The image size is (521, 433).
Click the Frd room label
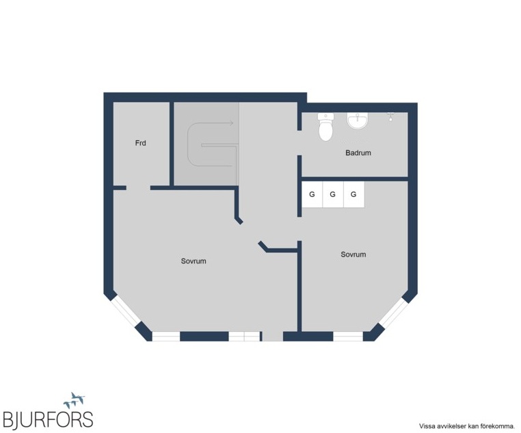[x=140, y=143]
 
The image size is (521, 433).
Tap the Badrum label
[x=358, y=153]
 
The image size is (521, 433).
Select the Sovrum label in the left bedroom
[x=193, y=261]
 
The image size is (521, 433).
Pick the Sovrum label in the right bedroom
[x=353, y=254]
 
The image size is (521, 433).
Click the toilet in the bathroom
[x=325, y=127]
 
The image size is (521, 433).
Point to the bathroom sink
[x=358, y=120]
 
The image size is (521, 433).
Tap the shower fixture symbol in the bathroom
[x=391, y=116]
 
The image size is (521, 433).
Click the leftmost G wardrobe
[x=312, y=194]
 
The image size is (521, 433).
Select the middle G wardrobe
[x=333, y=194]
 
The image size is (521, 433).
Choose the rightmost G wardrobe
[x=354, y=194]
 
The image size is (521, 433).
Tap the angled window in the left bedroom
[x=126, y=311]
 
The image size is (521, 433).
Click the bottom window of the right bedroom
[x=348, y=337]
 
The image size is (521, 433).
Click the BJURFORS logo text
[x=48, y=420]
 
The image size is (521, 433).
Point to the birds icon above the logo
[x=74, y=400]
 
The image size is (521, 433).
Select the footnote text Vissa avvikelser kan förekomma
[x=466, y=425]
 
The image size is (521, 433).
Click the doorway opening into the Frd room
[x=138, y=187]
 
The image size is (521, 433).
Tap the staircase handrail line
[x=219, y=145]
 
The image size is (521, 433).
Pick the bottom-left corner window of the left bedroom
[x=165, y=337]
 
